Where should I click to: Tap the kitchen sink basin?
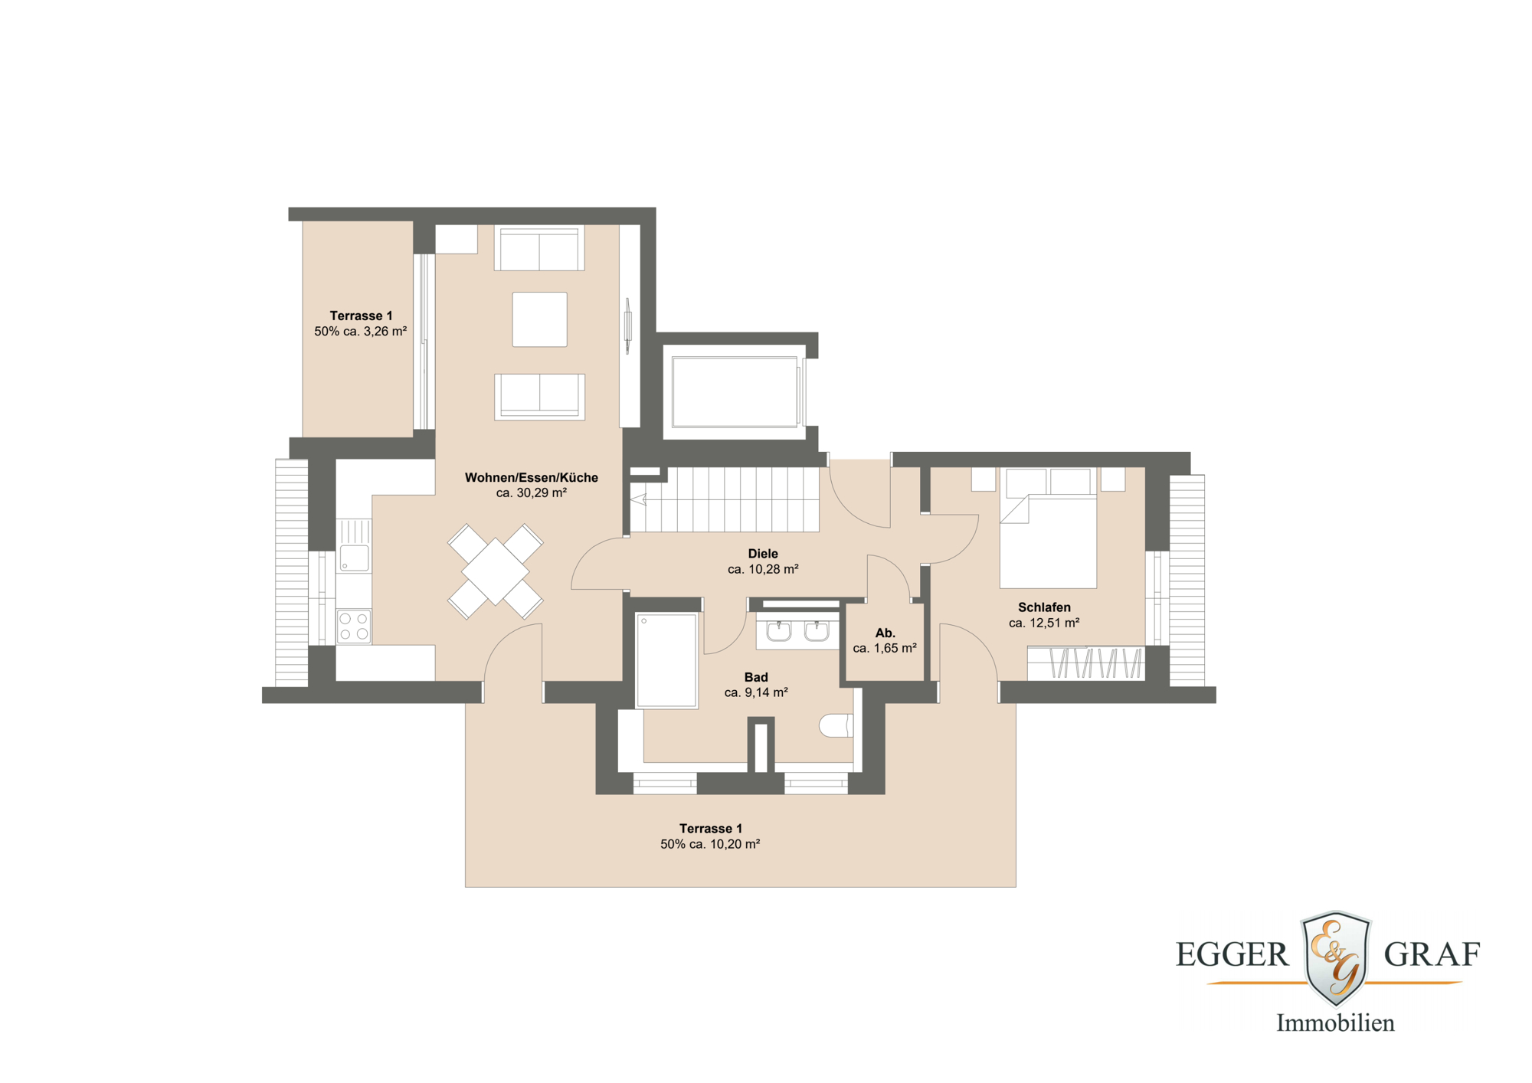[x=354, y=558]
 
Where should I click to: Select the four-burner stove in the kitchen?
[x=354, y=625]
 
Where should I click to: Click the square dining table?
[x=496, y=571]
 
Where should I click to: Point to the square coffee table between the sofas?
[x=540, y=319]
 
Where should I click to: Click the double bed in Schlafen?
[x=1048, y=528]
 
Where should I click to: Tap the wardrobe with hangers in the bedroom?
[x=1085, y=663]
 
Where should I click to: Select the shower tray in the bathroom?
[x=666, y=660]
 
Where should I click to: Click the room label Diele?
[x=763, y=554]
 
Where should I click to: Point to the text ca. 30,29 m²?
[x=532, y=493]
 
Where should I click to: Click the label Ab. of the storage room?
[x=885, y=633]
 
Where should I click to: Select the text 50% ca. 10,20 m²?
[x=710, y=844]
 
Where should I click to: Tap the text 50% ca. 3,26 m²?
[x=361, y=332]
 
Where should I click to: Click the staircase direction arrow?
[x=638, y=500]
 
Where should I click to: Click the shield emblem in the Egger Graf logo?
[x=1336, y=958]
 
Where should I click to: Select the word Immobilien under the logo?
[x=1335, y=1023]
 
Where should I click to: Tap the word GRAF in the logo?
[x=1432, y=954]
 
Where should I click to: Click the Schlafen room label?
[x=1044, y=607]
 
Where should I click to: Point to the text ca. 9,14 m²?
[x=756, y=692]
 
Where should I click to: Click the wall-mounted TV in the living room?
[x=627, y=326]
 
